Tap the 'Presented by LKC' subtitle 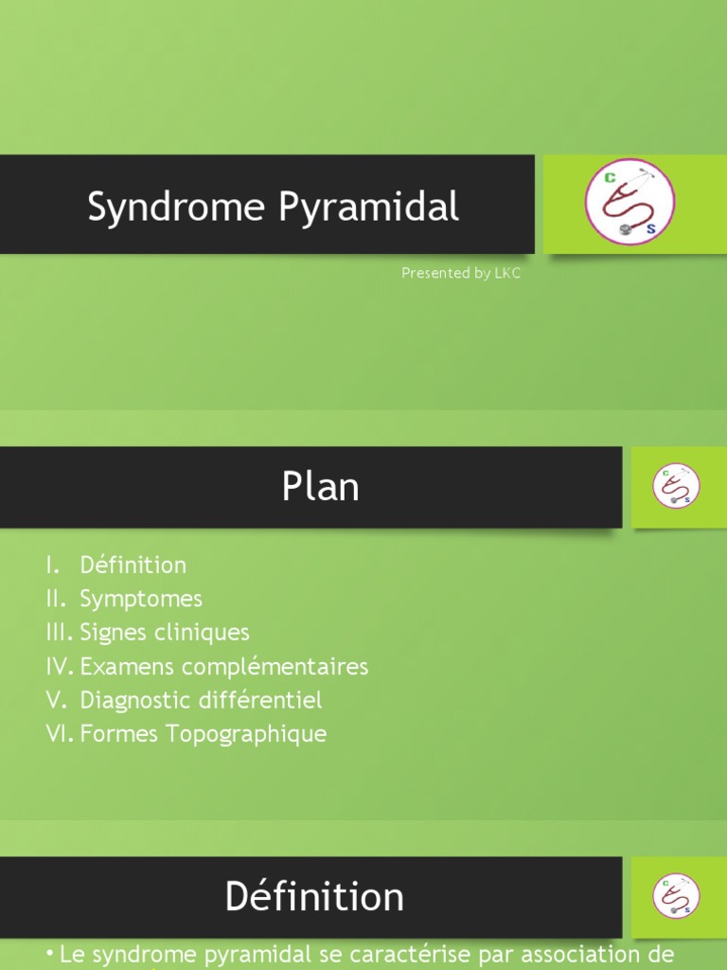[x=461, y=273]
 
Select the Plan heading [x=320, y=488]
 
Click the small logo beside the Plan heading [x=676, y=486]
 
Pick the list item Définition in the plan [x=133, y=566]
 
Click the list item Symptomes [x=141, y=600]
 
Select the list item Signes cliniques [x=165, y=633]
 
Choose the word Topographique [x=248, y=734]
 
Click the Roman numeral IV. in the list [x=60, y=667]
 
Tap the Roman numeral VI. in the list [x=60, y=734]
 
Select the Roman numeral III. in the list [x=60, y=633]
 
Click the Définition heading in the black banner [x=314, y=897]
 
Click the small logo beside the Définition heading [x=676, y=895]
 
